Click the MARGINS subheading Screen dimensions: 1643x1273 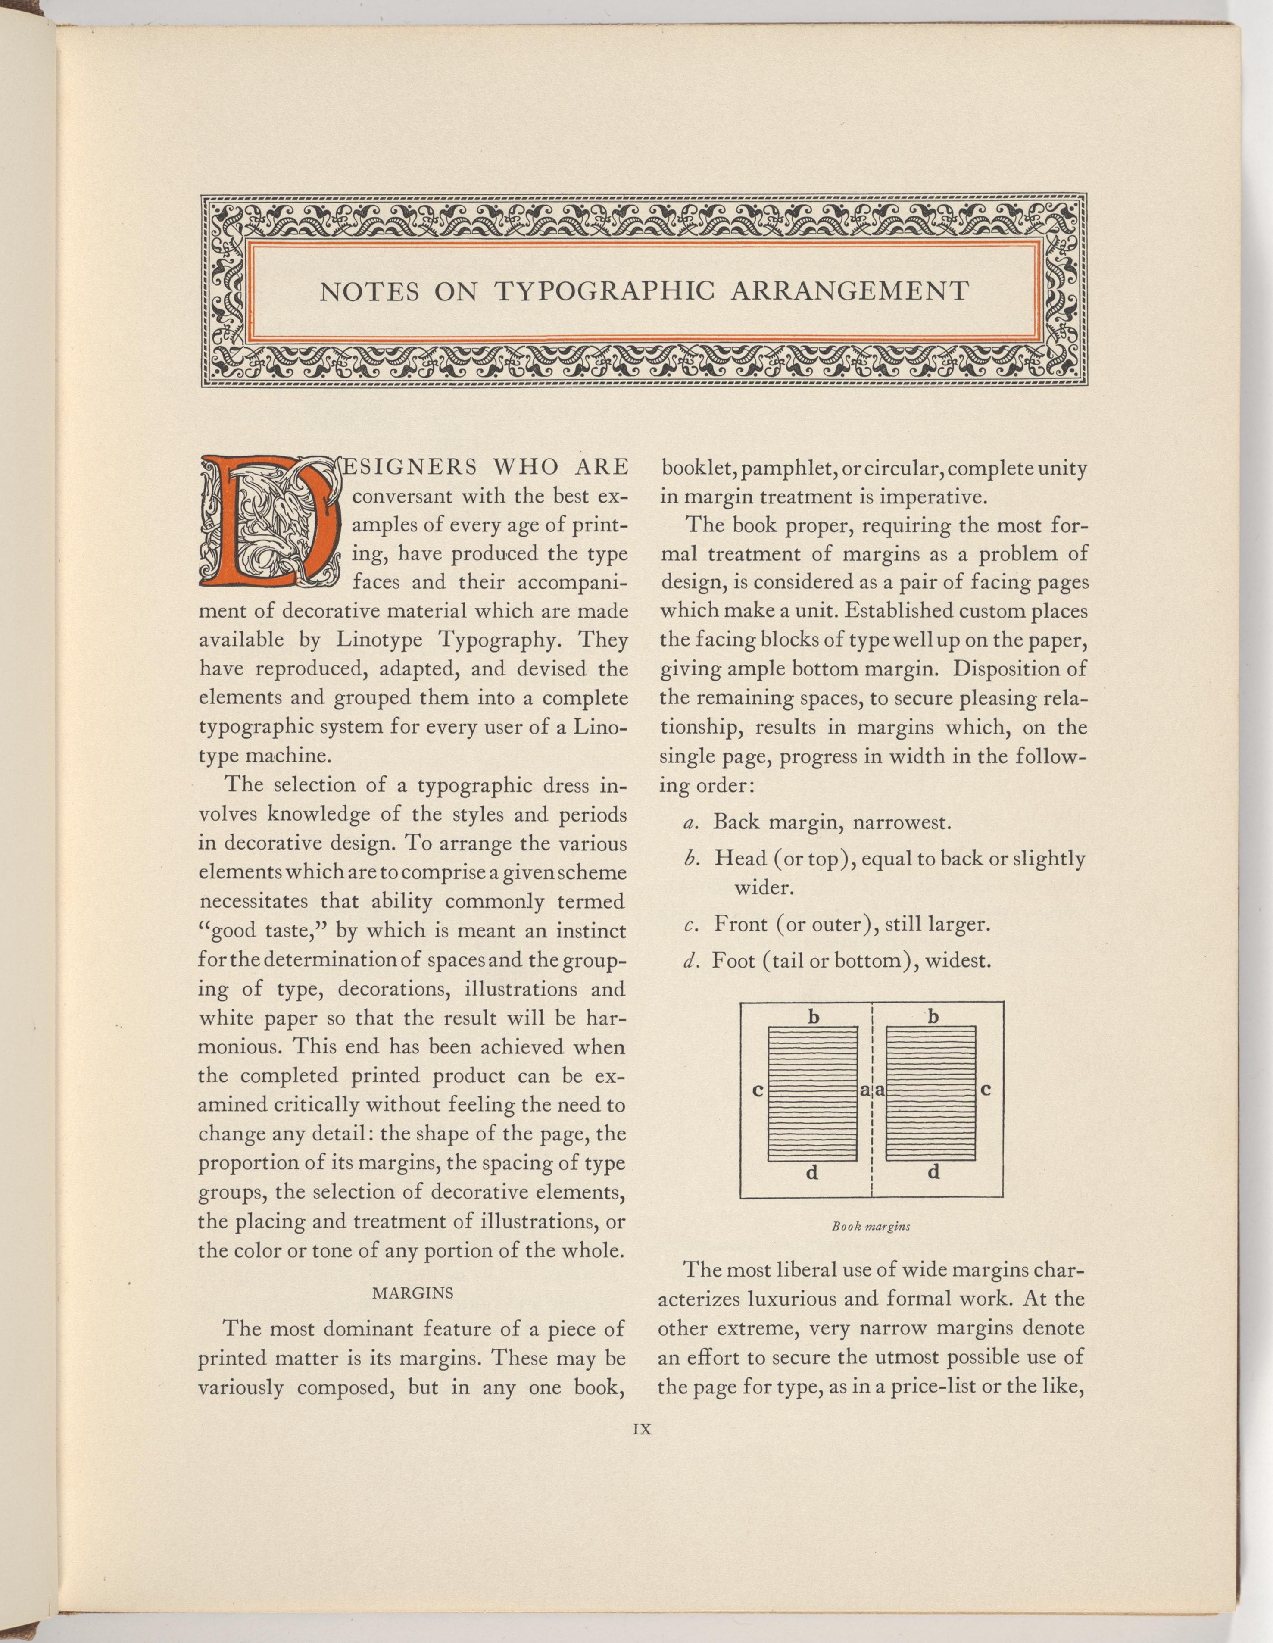coord(413,1293)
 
